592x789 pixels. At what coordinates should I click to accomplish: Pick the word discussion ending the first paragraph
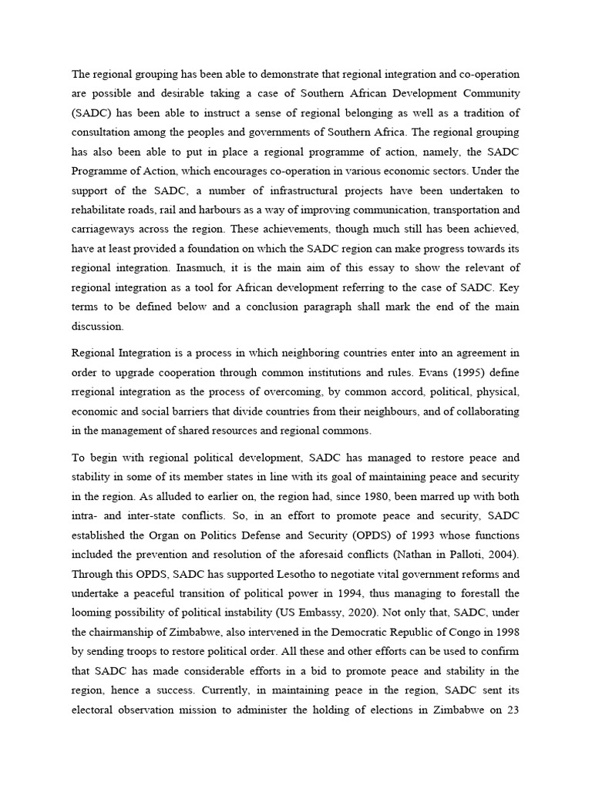[97, 325]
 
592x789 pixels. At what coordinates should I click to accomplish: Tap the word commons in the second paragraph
[350, 431]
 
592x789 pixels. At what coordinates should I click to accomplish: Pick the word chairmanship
[123, 632]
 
